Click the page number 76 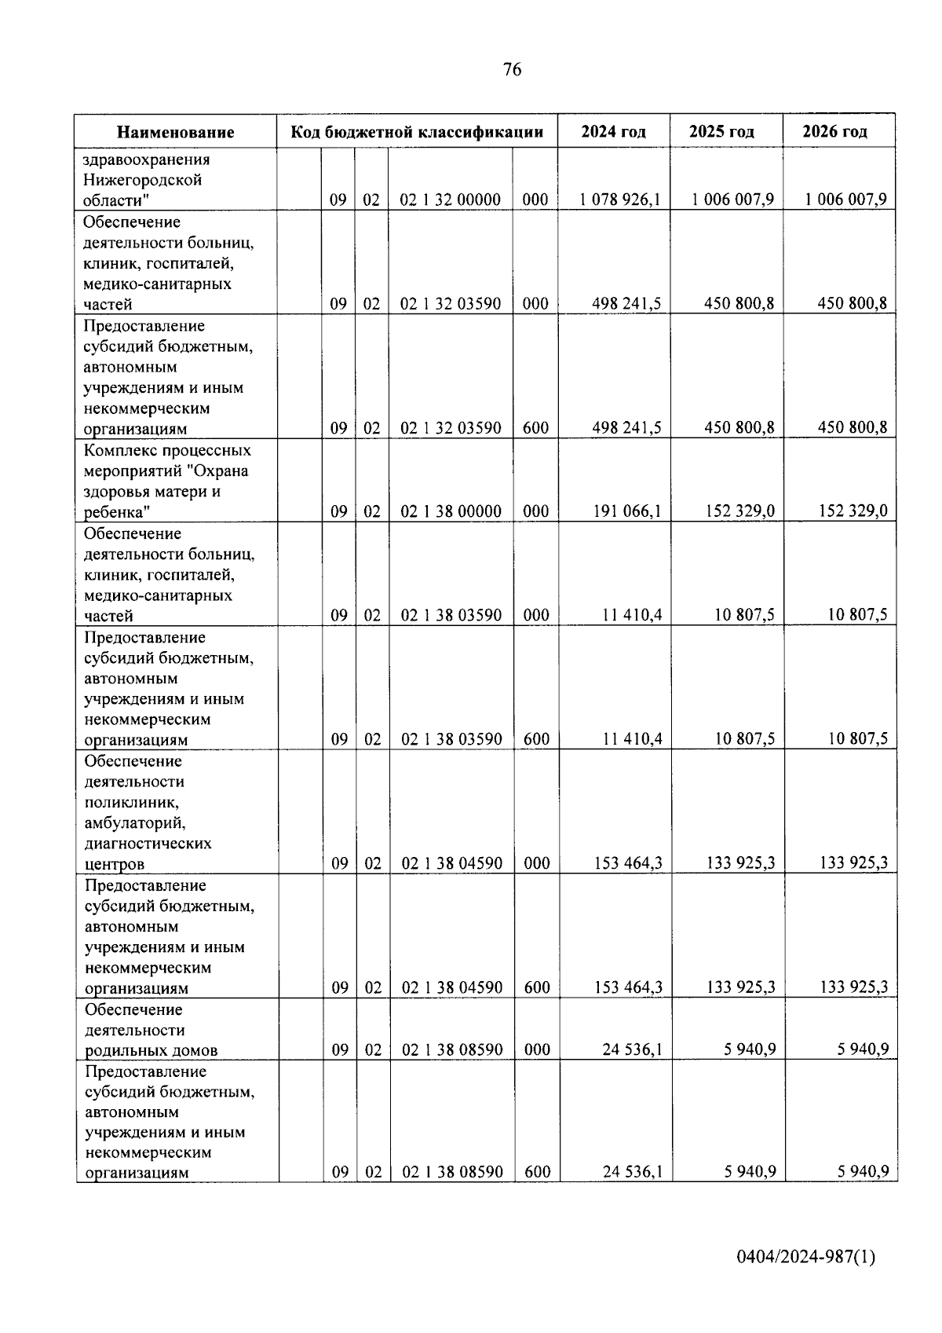[x=511, y=70]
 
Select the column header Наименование [x=176, y=132]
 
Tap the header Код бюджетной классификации [x=417, y=131]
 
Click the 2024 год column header [x=613, y=131]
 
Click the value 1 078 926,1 [x=620, y=200]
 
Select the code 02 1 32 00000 [x=451, y=200]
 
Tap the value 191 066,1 [x=626, y=511]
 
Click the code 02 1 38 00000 [x=451, y=511]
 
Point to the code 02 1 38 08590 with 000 [x=452, y=1049]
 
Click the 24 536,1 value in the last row [x=633, y=1172]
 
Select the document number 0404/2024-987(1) [x=805, y=1258]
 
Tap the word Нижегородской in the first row [x=142, y=180]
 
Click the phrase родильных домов [x=151, y=1050]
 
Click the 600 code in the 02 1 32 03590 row [x=535, y=428]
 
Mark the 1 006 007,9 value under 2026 [x=845, y=200]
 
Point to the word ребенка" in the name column [x=117, y=512]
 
